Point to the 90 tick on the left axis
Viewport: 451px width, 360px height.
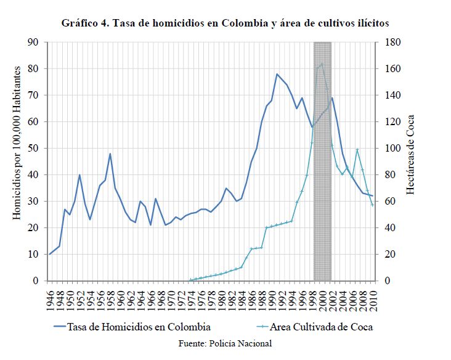[33, 43]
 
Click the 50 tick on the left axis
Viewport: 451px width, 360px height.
[33, 149]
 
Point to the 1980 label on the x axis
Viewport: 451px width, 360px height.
[221, 297]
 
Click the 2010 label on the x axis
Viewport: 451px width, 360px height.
[372, 297]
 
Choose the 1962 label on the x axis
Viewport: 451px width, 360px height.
[131, 297]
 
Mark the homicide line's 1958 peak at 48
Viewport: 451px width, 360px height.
[110, 153]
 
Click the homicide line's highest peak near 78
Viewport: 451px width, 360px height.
[277, 74]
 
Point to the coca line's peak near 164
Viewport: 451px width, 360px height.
[322, 64]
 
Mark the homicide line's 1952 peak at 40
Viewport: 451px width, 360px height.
[79, 175]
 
